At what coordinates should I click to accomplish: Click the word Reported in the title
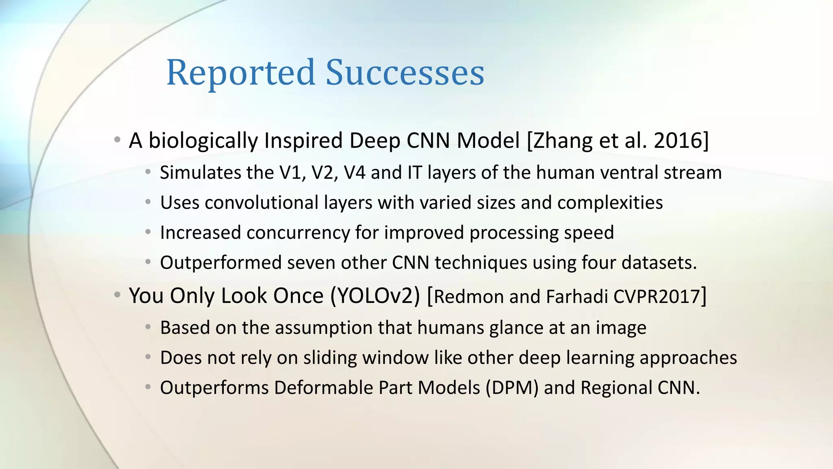241,73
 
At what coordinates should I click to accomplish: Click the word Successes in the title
405,73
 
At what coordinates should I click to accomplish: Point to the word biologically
203,141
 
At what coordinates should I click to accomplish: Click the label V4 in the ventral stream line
354,173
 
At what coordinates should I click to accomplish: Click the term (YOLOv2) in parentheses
375,296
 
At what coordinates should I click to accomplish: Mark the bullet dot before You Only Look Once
117,295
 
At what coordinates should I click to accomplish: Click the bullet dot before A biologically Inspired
117,140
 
